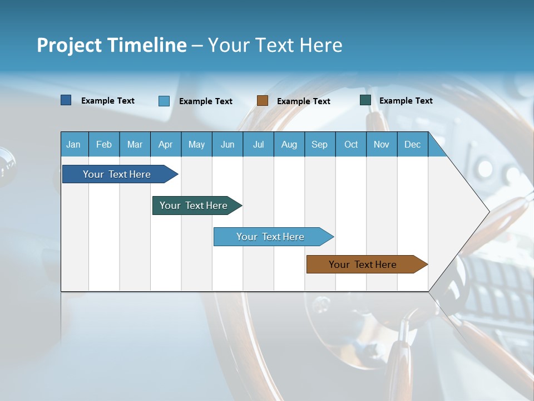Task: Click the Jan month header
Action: (73, 144)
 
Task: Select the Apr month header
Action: (165, 144)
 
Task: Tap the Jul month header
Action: (258, 144)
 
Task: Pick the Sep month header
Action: (319, 144)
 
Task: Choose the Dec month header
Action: (412, 144)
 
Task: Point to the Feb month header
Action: (104, 144)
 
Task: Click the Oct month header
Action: (351, 144)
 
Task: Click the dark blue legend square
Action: (66, 100)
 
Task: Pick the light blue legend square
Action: (164, 101)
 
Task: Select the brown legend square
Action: (263, 101)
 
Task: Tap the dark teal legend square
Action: (365, 100)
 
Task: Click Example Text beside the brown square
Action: (304, 101)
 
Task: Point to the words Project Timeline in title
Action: (112, 45)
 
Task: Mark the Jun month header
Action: (228, 144)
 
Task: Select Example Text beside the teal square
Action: (406, 101)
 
